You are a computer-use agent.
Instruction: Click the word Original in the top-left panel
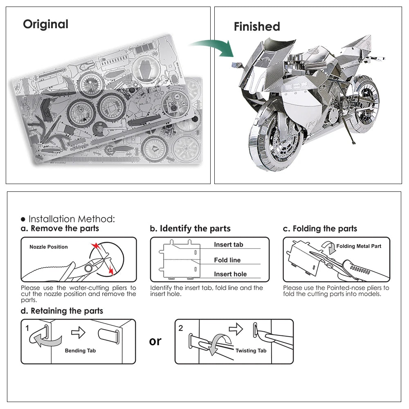pos(45,24)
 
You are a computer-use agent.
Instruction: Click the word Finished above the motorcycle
pos(257,27)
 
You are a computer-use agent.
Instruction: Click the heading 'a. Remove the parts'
pos(60,229)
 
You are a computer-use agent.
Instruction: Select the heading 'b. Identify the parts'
pos(190,229)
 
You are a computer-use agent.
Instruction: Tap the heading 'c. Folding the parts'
pos(320,229)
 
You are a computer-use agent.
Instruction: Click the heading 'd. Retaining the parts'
pos(62,311)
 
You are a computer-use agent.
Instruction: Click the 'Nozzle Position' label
pos(49,247)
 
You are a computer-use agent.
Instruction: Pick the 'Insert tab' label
pos(228,245)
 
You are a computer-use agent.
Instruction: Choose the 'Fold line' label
pos(227,260)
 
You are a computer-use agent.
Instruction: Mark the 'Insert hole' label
pos(230,274)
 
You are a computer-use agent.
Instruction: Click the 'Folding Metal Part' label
pos(359,246)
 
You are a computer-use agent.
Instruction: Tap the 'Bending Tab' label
pos(80,351)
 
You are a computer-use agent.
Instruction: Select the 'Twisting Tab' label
pos(251,351)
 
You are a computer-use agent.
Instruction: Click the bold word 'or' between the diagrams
pos(155,341)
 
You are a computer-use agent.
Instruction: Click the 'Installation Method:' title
pos(72,219)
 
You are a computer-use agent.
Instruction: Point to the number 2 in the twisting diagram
pos(181,328)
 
